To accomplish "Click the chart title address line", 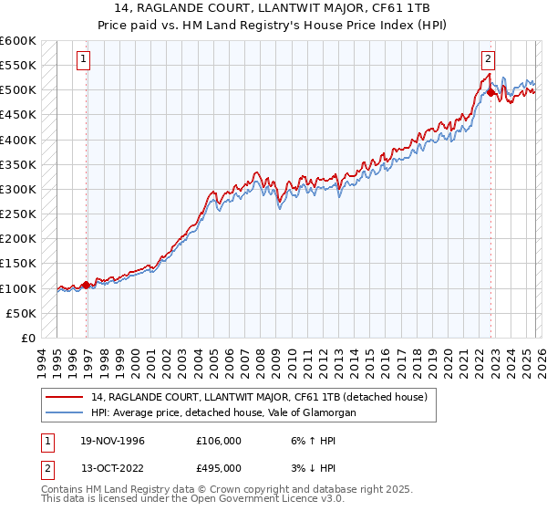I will [273, 7].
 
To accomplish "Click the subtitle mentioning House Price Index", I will [273, 22].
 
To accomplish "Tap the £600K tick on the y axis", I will [17, 41].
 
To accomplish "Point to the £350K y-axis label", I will [17, 165].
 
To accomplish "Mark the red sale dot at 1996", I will [87, 285].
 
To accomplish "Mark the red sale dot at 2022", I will [490, 92].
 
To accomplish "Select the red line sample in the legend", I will [66, 396].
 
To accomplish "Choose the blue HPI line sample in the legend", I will [66, 412].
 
